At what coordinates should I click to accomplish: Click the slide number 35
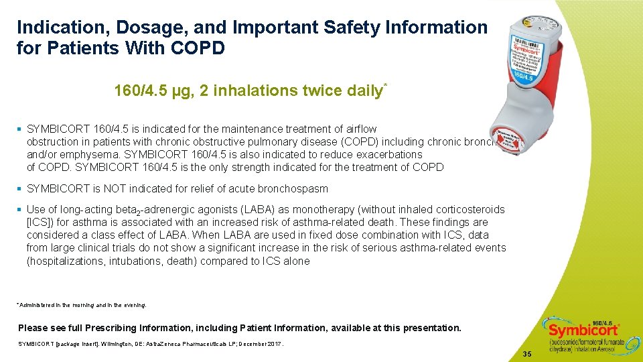tap(527, 353)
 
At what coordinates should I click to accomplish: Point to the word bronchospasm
tap(294, 189)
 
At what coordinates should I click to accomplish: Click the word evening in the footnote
tap(132, 305)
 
